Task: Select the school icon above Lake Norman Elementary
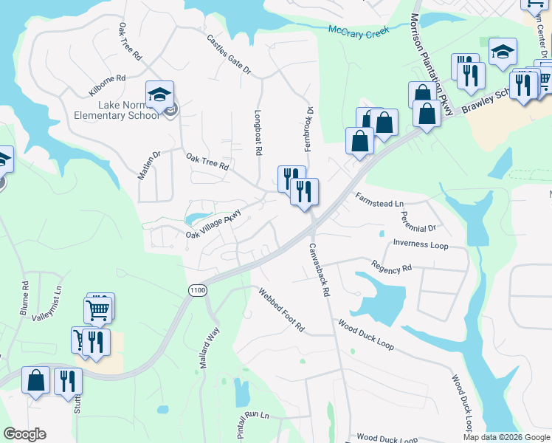click(x=159, y=95)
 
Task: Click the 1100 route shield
click(x=197, y=290)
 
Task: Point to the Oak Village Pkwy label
click(x=213, y=224)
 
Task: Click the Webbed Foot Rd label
click(x=281, y=309)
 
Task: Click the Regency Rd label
click(x=391, y=267)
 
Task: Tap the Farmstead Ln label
click(x=379, y=199)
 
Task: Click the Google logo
click(x=24, y=434)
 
